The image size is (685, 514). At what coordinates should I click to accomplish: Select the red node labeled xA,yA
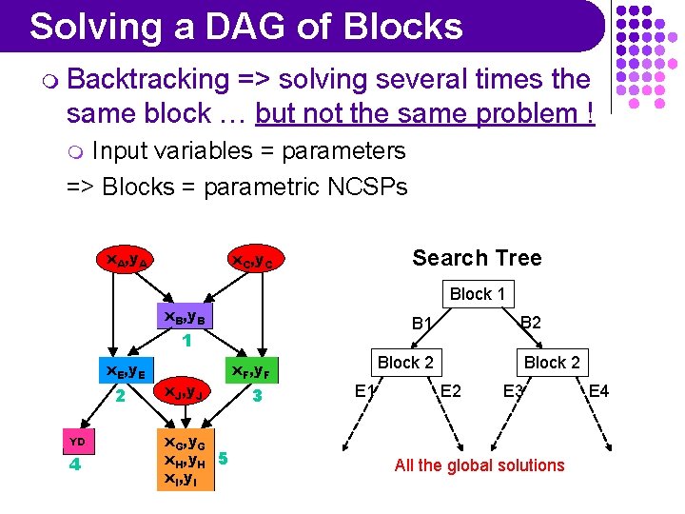(x=127, y=258)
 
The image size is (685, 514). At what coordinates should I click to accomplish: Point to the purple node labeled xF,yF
(x=253, y=370)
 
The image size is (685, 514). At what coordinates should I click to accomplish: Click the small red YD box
(x=78, y=442)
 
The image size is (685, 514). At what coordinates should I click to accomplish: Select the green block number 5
(x=223, y=459)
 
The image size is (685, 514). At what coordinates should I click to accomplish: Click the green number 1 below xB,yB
(x=187, y=339)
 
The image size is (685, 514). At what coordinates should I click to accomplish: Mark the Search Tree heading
(x=477, y=258)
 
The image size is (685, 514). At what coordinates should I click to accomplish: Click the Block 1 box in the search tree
(x=477, y=294)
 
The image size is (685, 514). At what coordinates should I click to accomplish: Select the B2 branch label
(x=530, y=323)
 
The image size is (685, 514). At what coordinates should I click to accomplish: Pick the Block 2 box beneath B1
(x=405, y=362)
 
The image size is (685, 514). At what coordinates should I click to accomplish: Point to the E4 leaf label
(x=599, y=390)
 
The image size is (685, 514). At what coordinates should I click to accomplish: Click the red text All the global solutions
(x=479, y=465)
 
